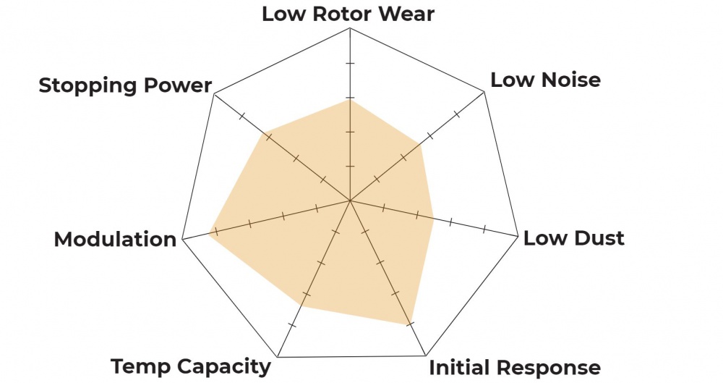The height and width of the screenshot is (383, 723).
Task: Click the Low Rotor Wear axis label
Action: pos(348,14)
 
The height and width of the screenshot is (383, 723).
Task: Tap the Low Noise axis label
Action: pos(545,80)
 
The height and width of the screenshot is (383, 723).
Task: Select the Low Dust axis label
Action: pos(573,238)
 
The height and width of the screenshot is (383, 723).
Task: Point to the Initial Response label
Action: pos(515,367)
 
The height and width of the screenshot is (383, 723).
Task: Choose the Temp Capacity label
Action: pos(191,366)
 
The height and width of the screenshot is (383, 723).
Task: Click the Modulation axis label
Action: pos(115,239)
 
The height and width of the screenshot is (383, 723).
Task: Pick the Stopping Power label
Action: pos(125,85)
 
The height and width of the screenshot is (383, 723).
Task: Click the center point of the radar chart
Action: pos(350,201)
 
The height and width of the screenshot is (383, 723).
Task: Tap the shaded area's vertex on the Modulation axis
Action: pos(210,232)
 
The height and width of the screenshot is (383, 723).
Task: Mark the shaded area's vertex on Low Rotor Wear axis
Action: pos(350,100)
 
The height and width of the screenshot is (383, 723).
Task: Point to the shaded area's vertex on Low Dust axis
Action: pos(433,219)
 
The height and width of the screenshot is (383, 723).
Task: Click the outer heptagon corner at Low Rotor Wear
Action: pos(350,28)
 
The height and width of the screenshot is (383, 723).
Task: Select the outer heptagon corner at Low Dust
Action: pos(518,236)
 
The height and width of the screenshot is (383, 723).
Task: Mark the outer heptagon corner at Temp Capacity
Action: pos(278,357)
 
